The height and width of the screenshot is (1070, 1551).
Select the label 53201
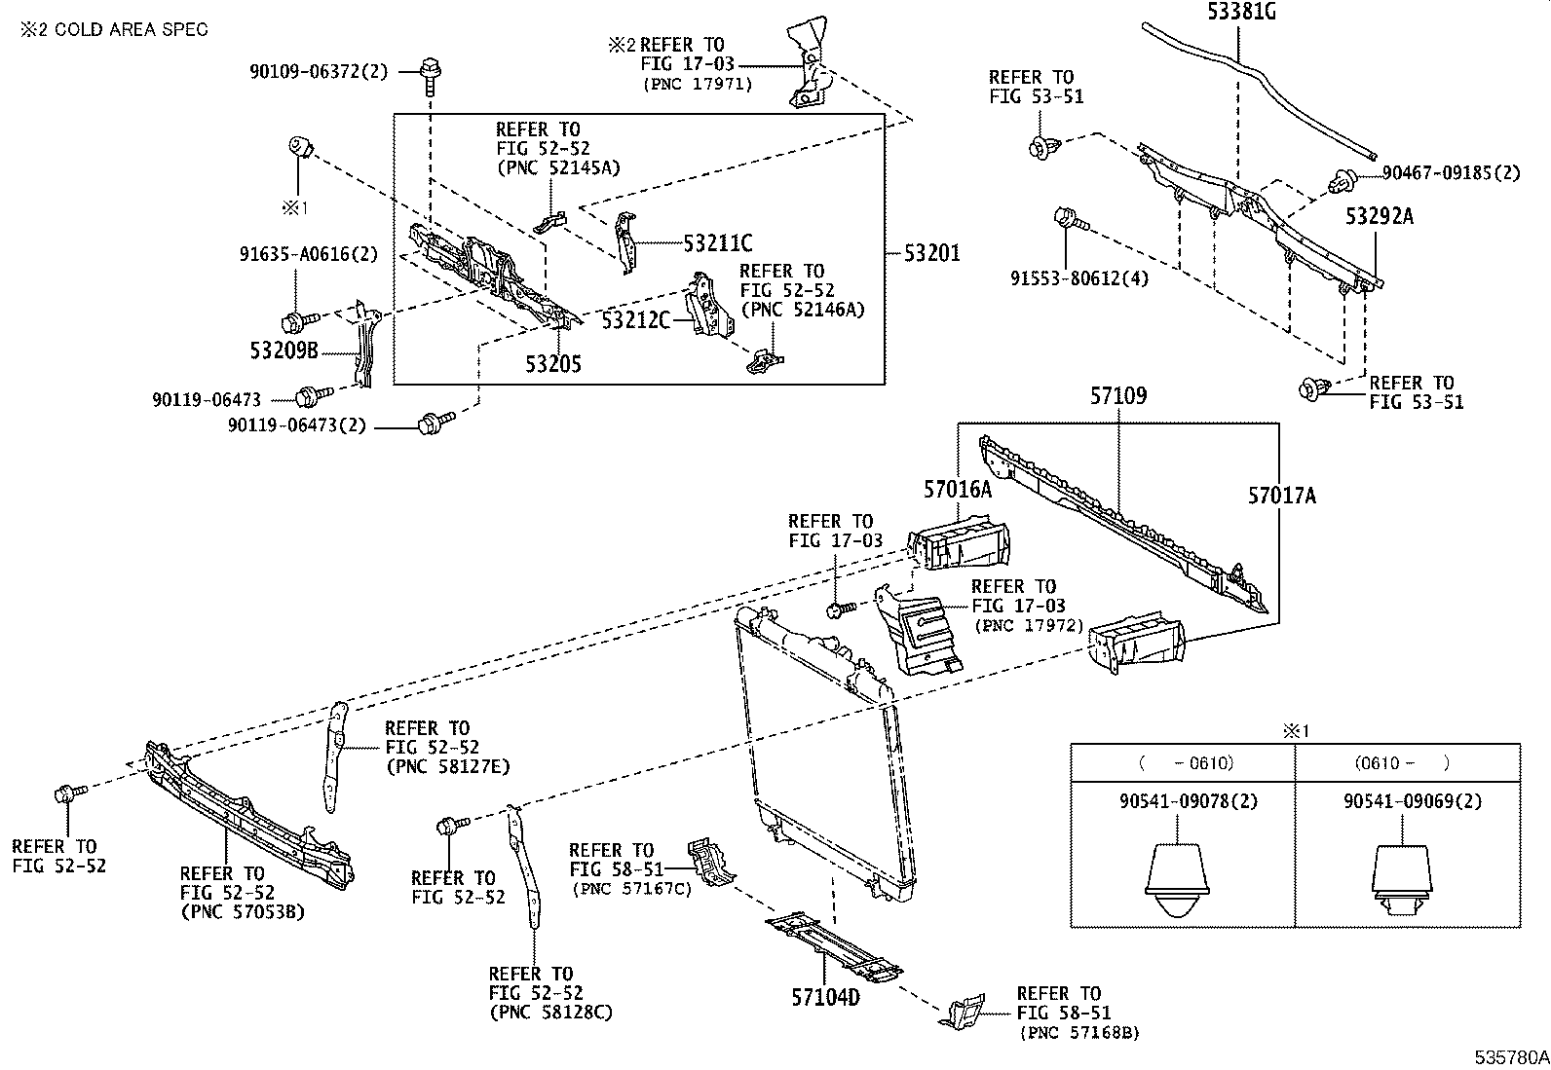coord(932,253)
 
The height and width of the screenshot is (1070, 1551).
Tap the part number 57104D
coord(825,997)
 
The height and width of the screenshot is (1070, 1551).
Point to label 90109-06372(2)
coord(318,70)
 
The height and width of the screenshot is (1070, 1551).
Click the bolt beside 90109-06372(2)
coord(429,70)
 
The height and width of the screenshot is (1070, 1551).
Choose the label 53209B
coord(284,351)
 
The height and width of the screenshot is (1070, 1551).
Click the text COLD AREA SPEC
coord(132,29)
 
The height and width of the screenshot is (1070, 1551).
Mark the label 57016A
coord(958,490)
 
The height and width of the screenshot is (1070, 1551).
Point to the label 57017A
coord(1282,497)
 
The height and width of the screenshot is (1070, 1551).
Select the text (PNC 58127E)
coord(447,767)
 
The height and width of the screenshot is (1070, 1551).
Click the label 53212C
coord(635,319)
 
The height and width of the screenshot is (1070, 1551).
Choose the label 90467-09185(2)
coord(1452,174)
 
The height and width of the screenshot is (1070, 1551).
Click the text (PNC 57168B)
coord(1078,1033)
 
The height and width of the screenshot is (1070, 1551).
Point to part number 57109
coord(1117,396)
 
